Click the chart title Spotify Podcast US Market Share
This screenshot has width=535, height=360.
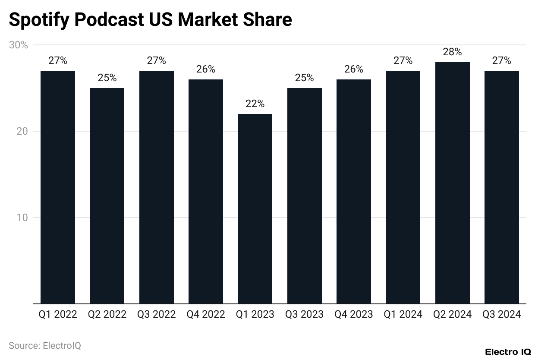[x=150, y=20]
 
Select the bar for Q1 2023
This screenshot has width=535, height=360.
[x=255, y=208]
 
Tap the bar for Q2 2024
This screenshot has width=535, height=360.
[x=452, y=183]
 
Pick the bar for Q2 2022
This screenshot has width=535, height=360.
[x=107, y=196]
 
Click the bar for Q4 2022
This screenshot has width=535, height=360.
[x=206, y=191]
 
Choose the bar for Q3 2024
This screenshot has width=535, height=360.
[x=501, y=187]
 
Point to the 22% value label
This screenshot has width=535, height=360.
[x=255, y=104]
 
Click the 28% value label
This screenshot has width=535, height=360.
[x=452, y=52]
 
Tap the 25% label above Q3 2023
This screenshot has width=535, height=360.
[x=304, y=78]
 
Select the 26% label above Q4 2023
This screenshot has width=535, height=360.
[x=354, y=69]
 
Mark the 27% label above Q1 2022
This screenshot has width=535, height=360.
[x=58, y=61]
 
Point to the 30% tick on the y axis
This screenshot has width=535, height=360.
[x=18, y=45]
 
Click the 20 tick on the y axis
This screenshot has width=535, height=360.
[x=22, y=131]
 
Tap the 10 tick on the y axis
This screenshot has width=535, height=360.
[x=22, y=218]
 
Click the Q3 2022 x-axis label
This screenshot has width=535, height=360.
[x=156, y=315]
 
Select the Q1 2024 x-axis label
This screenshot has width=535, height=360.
[x=403, y=315]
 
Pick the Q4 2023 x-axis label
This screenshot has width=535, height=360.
[x=354, y=315]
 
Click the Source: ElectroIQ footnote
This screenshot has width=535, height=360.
[x=45, y=346]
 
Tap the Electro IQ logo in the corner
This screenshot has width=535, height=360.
[x=507, y=352]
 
